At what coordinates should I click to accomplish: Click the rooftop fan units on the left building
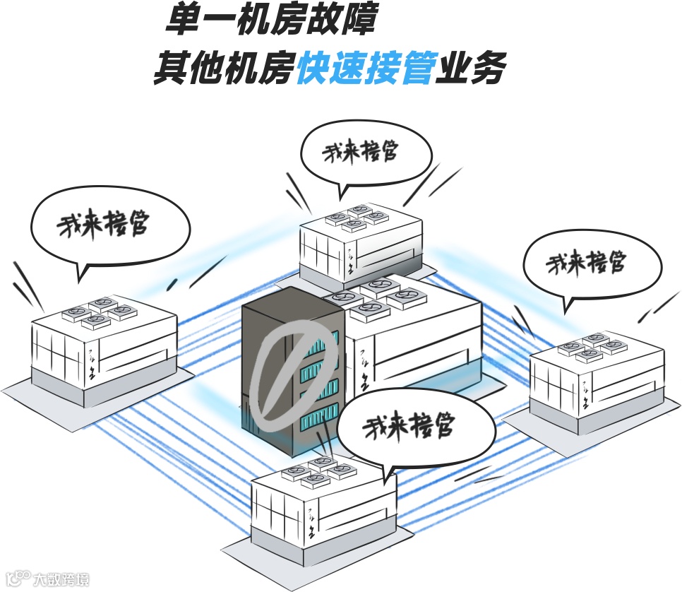pos(99,312)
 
